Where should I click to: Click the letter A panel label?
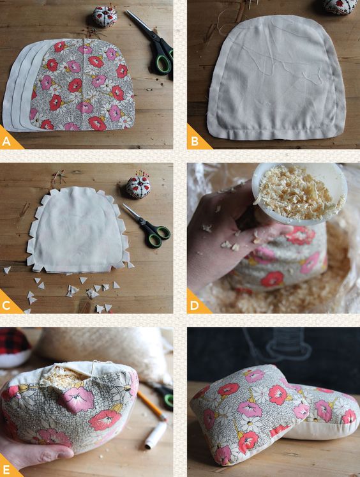pyautogui.click(x=6, y=142)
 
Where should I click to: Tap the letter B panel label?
pyautogui.click(x=195, y=141)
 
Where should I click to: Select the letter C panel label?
pyautogui.click(x=6, y=306)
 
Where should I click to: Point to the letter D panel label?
pyautogui.click(x=195, y=305)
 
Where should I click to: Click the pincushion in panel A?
pyautogui.click(x=105, y=16)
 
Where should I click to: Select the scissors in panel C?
pyautogui.click(x=148, y=225)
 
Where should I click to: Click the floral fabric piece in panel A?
pyautogui.click(x=82, y=84)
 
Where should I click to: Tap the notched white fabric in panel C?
pyautogui.click(x=80, y=230)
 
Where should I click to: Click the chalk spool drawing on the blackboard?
pyautogui.click(x=289, y=345)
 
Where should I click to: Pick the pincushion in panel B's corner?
pyautogui.click(x=340, y=6)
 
